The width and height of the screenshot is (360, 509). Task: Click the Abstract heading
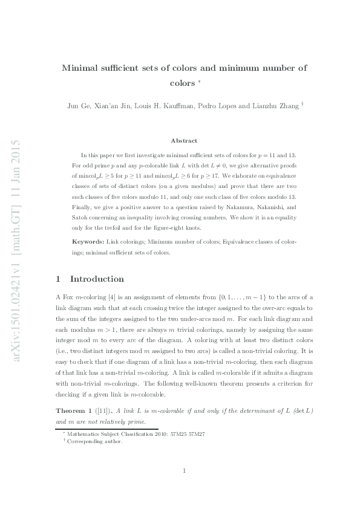pyautogui.click(x=184, y=140)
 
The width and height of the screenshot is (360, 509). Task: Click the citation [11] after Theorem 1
pyautogui.click(x=103, y=411)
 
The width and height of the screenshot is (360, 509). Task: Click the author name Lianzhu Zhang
pyautogui.click(x=274, y=106)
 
